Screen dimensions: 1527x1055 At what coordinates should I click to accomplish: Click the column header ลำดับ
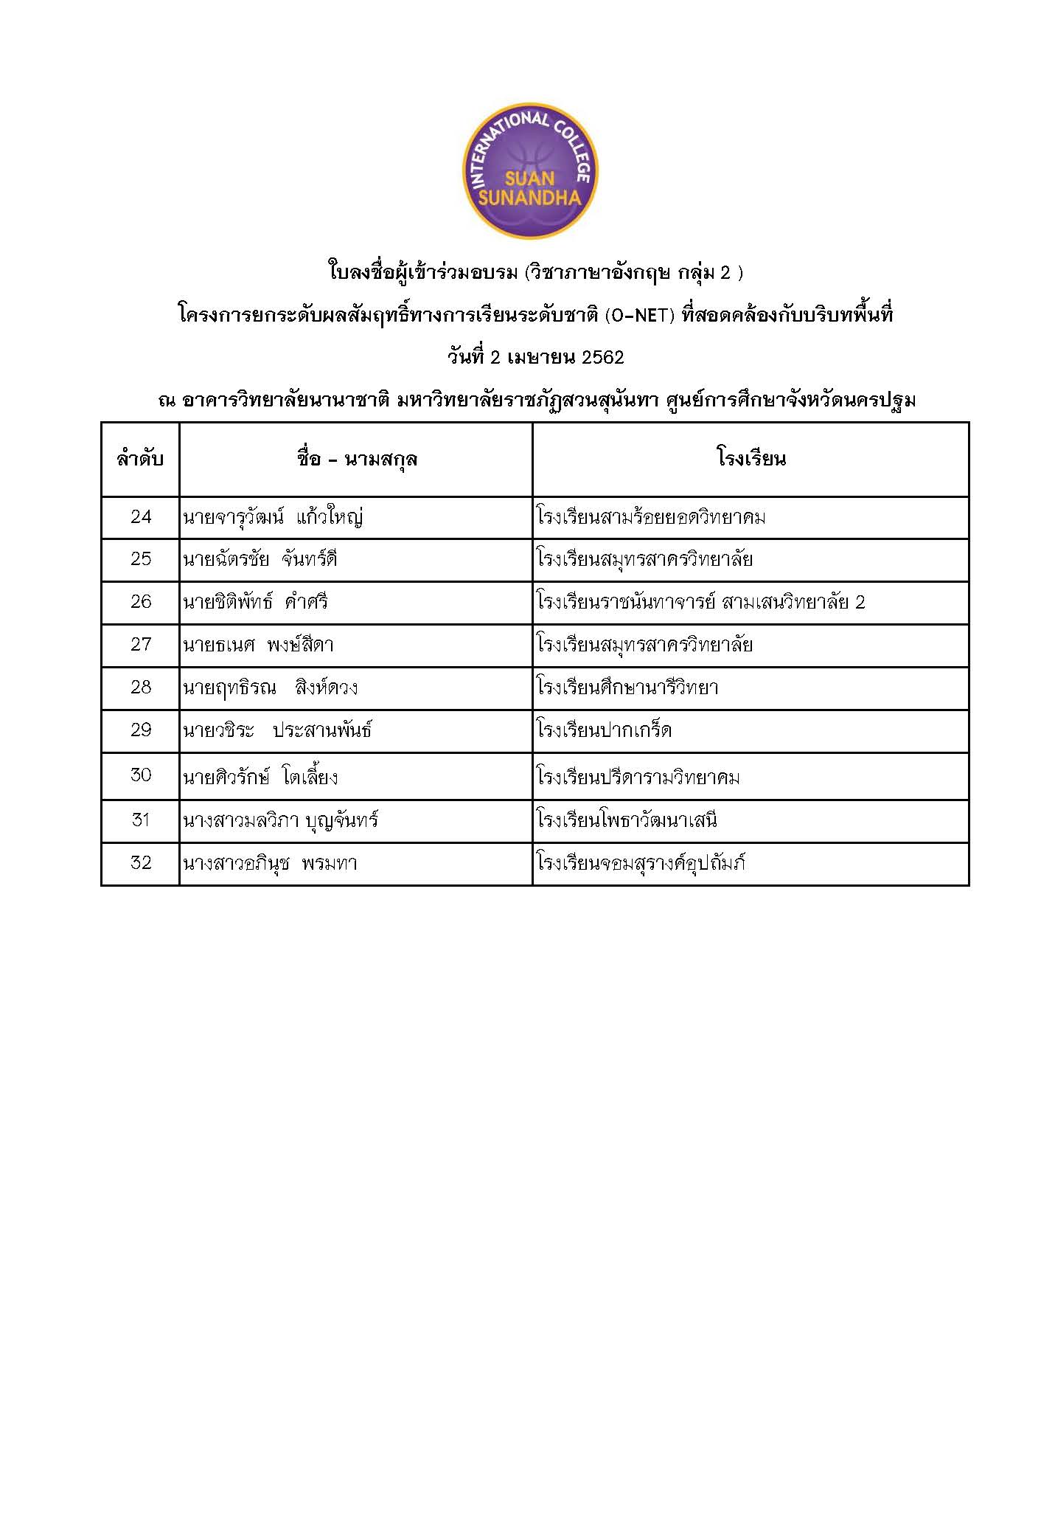point(140,460)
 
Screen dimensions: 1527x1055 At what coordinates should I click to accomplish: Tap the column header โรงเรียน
point(751,459)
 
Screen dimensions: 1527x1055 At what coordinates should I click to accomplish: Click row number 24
point(140,516)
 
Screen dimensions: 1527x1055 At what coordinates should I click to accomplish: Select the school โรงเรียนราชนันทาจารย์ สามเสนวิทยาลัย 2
point(701,602)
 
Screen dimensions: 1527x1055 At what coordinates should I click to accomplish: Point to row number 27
point(140,645)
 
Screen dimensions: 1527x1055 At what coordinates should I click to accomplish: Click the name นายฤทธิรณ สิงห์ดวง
point(270,688)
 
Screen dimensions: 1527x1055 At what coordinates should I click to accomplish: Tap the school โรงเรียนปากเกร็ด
point(605,730)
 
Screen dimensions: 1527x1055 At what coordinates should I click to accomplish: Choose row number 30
point(140,775)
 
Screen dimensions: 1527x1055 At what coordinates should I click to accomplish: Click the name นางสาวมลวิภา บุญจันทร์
point(280,820)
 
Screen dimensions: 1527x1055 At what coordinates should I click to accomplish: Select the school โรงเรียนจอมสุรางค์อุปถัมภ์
point(641,862)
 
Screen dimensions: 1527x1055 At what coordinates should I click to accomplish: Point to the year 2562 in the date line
point(602,358)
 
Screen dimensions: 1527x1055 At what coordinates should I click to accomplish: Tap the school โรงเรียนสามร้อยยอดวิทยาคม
point(651,516)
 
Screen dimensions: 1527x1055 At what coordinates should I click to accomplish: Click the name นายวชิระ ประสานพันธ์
point(277,730)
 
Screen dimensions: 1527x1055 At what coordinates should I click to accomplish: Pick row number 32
point(140,862)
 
